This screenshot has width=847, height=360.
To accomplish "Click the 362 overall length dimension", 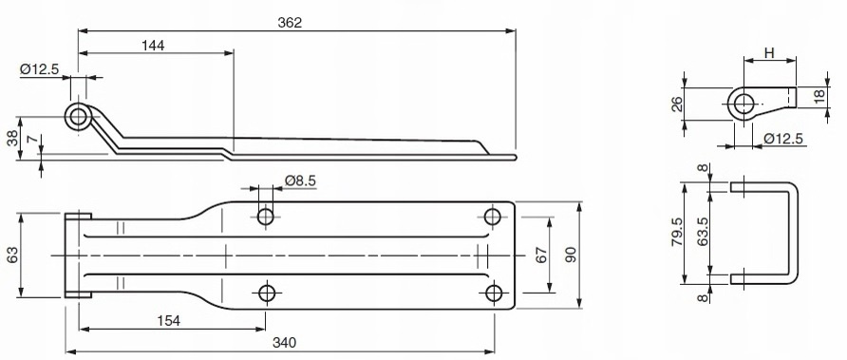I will pos(291,23).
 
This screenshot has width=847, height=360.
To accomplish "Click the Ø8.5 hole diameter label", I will pos(300,180).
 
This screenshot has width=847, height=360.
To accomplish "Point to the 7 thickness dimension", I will pos(32,142).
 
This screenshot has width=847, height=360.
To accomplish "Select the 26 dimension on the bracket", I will pos(676,104).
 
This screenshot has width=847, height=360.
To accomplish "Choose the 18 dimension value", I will pos(819,98).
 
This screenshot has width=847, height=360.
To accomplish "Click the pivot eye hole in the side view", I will pos(78,117).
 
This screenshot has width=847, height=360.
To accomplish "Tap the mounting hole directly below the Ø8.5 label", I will pos(266,217).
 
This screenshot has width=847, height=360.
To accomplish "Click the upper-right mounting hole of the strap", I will pos(492,217).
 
